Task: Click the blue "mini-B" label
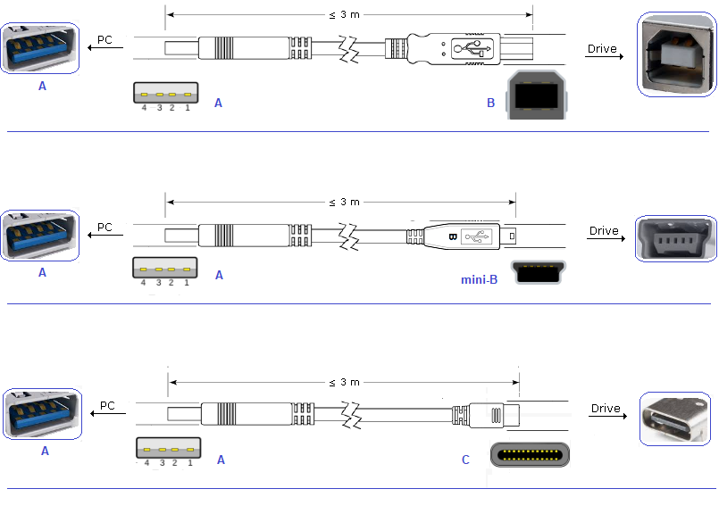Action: point(479,279)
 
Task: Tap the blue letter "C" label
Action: point(465,460)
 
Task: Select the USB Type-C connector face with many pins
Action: point(529,455)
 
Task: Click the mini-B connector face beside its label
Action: point(538,273)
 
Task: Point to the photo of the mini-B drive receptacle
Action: point(675,238)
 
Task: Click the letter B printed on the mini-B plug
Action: point(452,237)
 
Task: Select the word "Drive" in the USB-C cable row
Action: point(605,409)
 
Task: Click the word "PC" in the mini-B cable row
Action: point(105,228)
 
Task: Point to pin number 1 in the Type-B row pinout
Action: point(188,108)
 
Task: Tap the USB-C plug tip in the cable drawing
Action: point(511,415)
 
